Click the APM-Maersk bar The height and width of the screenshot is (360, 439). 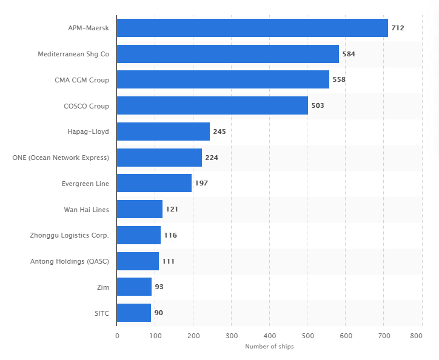click(252, 28)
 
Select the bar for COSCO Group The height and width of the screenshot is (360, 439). click(212, 105)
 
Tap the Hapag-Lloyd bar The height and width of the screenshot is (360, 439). click(163, 132)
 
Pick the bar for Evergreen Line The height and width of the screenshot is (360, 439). click(154, 183)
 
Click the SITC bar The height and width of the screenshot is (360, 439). click(134, 313)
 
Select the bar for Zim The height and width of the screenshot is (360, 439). click(134, 287)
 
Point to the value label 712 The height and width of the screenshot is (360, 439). click(398, 28)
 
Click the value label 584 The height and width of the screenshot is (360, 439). click(349, 54)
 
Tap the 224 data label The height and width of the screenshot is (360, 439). click(212, 158)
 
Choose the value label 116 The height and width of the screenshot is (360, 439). click(170, 235)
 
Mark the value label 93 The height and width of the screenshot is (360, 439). click(159, 287)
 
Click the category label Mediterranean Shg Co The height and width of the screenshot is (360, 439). click(73, 54)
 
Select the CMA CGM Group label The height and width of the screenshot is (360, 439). click(82, 80)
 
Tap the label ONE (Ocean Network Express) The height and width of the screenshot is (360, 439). click(61, 158)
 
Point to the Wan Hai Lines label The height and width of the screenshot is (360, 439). click(87, 210)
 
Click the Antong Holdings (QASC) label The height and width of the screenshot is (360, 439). click(70, 261)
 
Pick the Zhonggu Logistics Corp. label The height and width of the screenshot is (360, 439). click(70, 235)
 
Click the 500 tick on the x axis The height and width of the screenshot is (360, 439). click(308, 336)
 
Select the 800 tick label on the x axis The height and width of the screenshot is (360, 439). click(416, 336)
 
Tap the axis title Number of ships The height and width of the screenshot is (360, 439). click(269, 346)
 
